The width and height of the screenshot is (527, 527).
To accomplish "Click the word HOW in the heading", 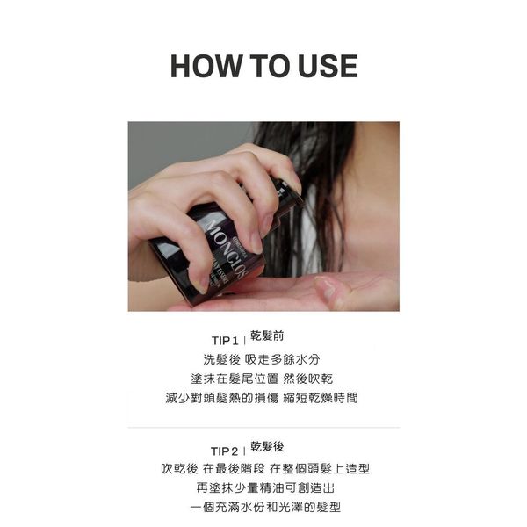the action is point(206,66).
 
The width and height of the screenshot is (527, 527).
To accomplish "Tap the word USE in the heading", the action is point(328,66).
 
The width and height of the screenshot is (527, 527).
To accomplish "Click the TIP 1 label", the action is point(225,341).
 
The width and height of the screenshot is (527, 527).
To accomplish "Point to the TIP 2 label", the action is point(224,451).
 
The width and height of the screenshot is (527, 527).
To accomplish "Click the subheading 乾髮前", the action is point(267,336).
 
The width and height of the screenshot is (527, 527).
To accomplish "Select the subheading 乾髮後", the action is point(267,447).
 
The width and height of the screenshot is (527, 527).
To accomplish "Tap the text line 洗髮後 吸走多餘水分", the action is point(262,359).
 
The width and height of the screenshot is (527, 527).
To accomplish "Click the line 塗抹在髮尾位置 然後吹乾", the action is point(262,379).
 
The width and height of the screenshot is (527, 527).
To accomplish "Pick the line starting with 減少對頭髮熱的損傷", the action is point(262,398).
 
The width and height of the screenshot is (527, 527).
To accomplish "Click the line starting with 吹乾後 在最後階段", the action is point(265,468).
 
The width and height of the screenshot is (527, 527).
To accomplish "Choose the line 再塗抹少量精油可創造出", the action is point(265,487).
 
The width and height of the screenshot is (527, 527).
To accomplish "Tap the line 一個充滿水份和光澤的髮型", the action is point(265,507).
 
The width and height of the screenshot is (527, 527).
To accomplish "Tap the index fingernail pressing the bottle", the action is point(256,242).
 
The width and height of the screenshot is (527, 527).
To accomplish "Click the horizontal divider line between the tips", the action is point(263,428).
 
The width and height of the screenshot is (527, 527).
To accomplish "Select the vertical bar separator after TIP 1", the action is point(244,341).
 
